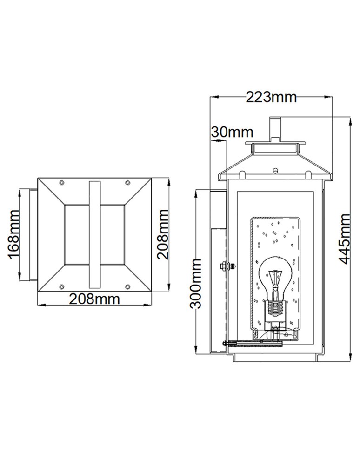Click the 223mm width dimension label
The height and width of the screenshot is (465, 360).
tap(271, 97)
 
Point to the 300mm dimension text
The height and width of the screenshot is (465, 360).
tap(196, 284)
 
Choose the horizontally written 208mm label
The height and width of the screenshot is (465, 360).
tap(94, 299)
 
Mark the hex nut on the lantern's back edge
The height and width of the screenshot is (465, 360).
tap(223, 266)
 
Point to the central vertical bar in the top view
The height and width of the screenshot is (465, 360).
tap(94, 235)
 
